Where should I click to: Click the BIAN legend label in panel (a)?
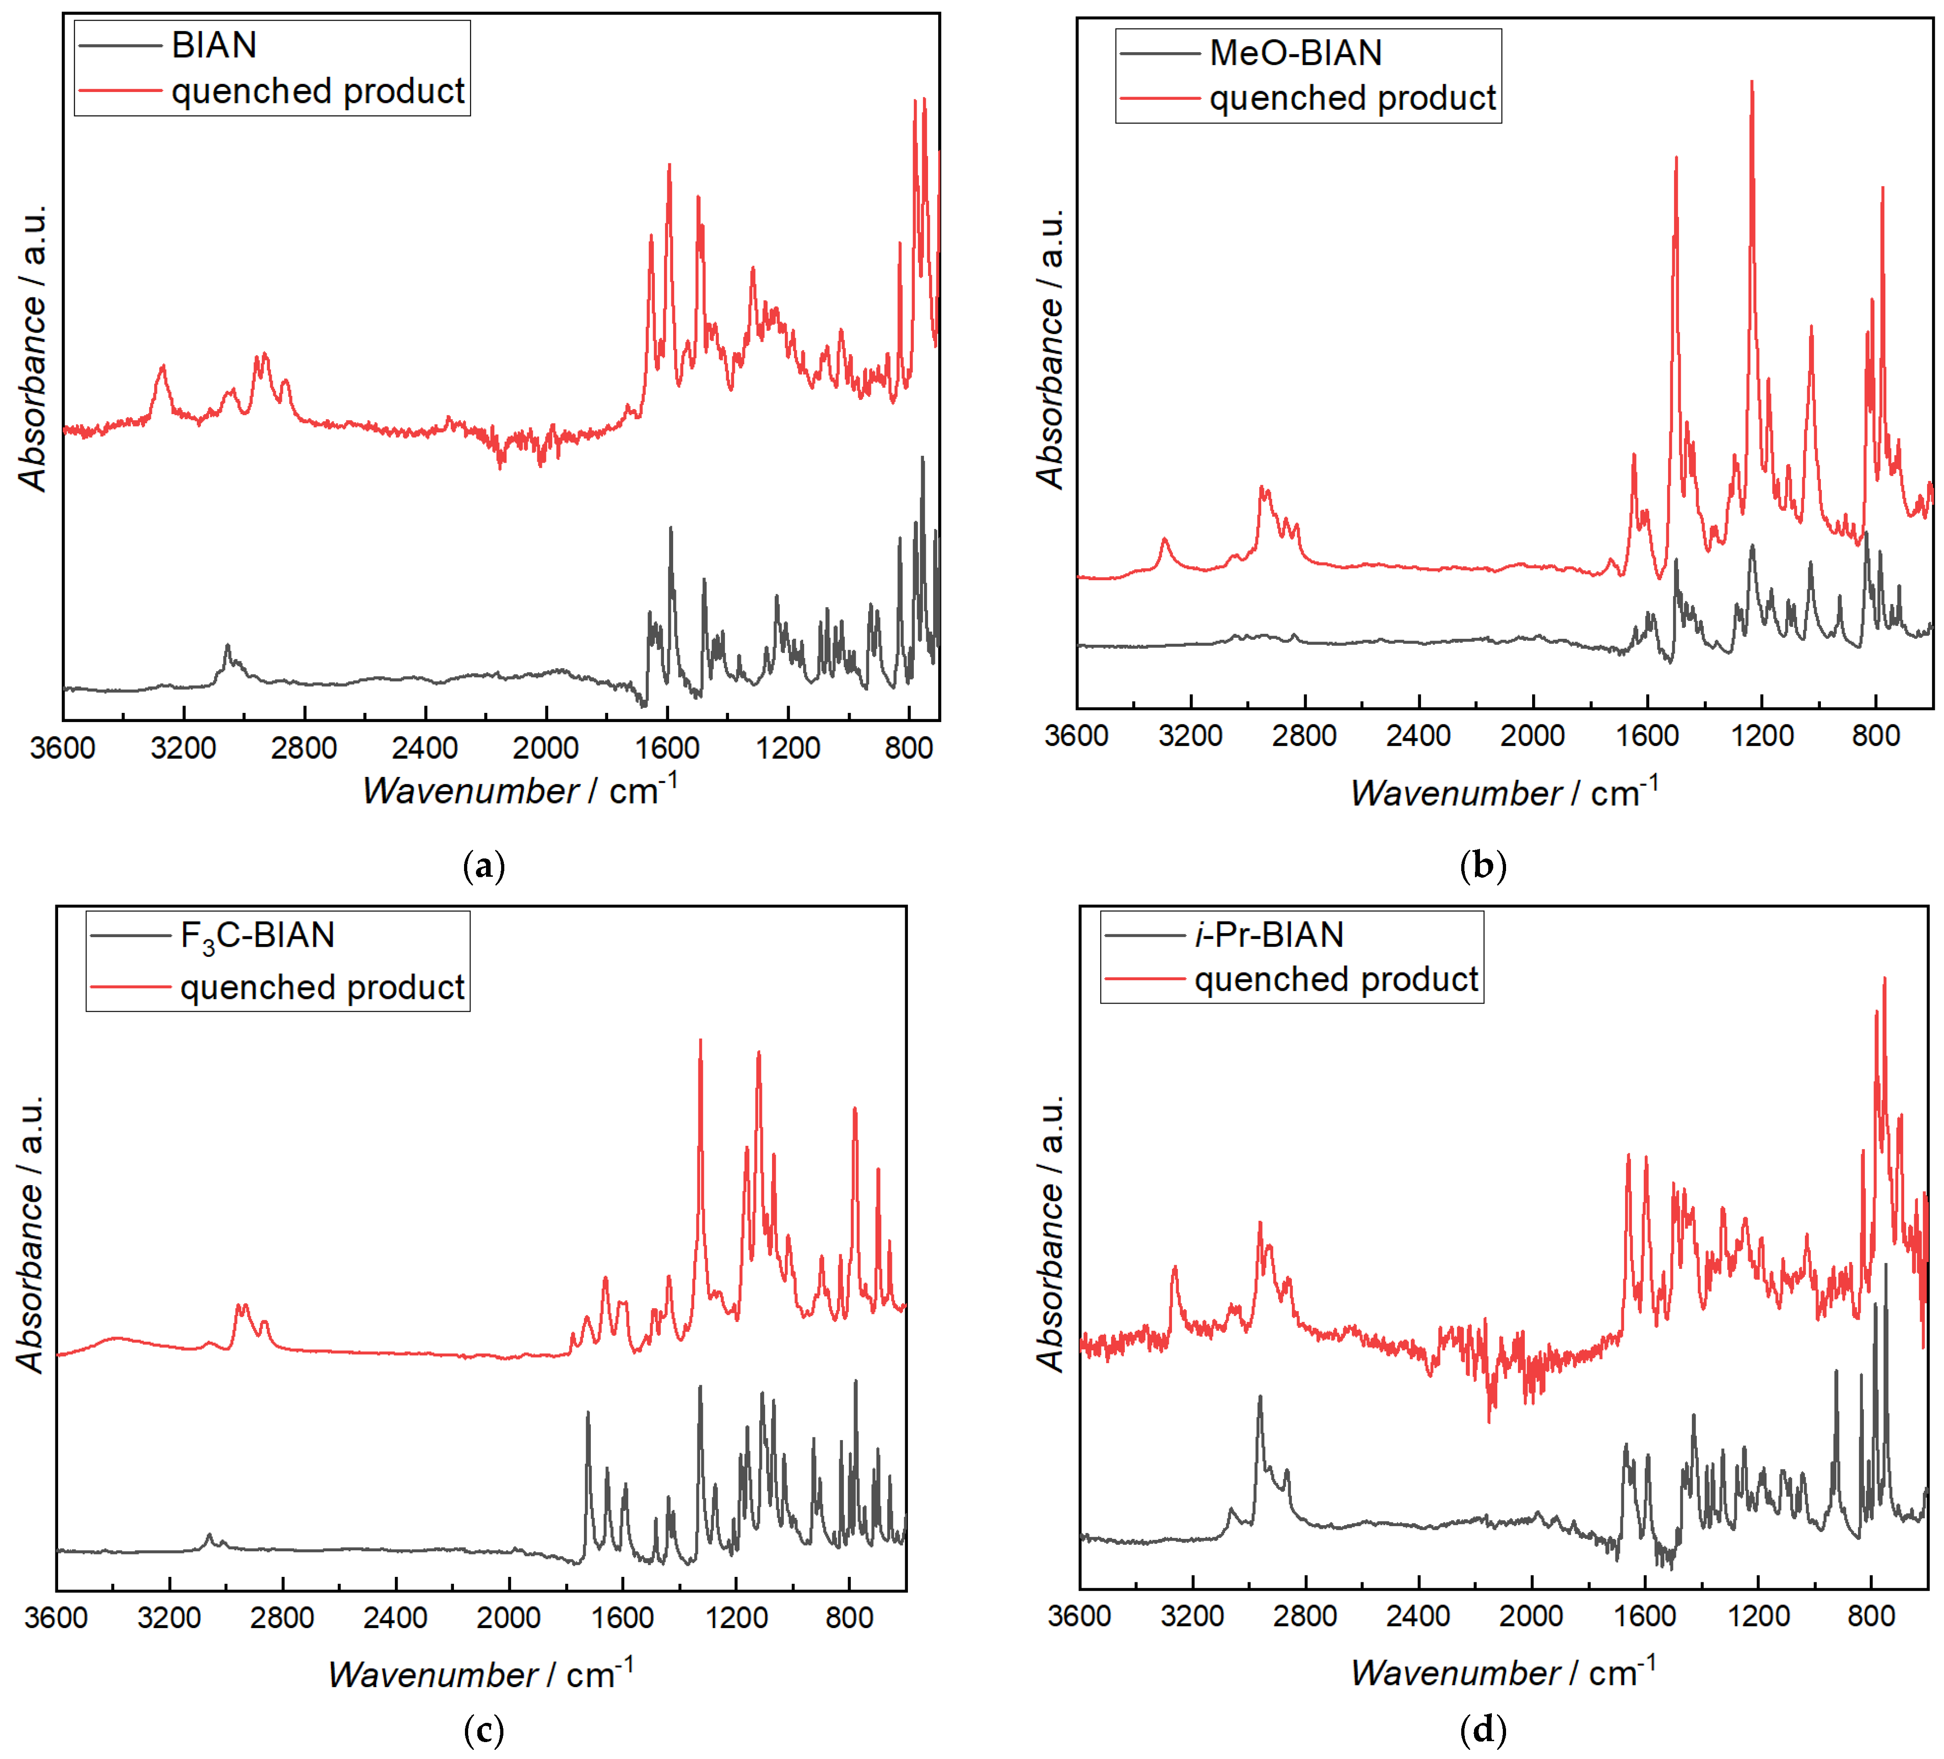[214, 45]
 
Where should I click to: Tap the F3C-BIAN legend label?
[258, 935]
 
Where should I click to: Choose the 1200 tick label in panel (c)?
[737, 1617]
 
